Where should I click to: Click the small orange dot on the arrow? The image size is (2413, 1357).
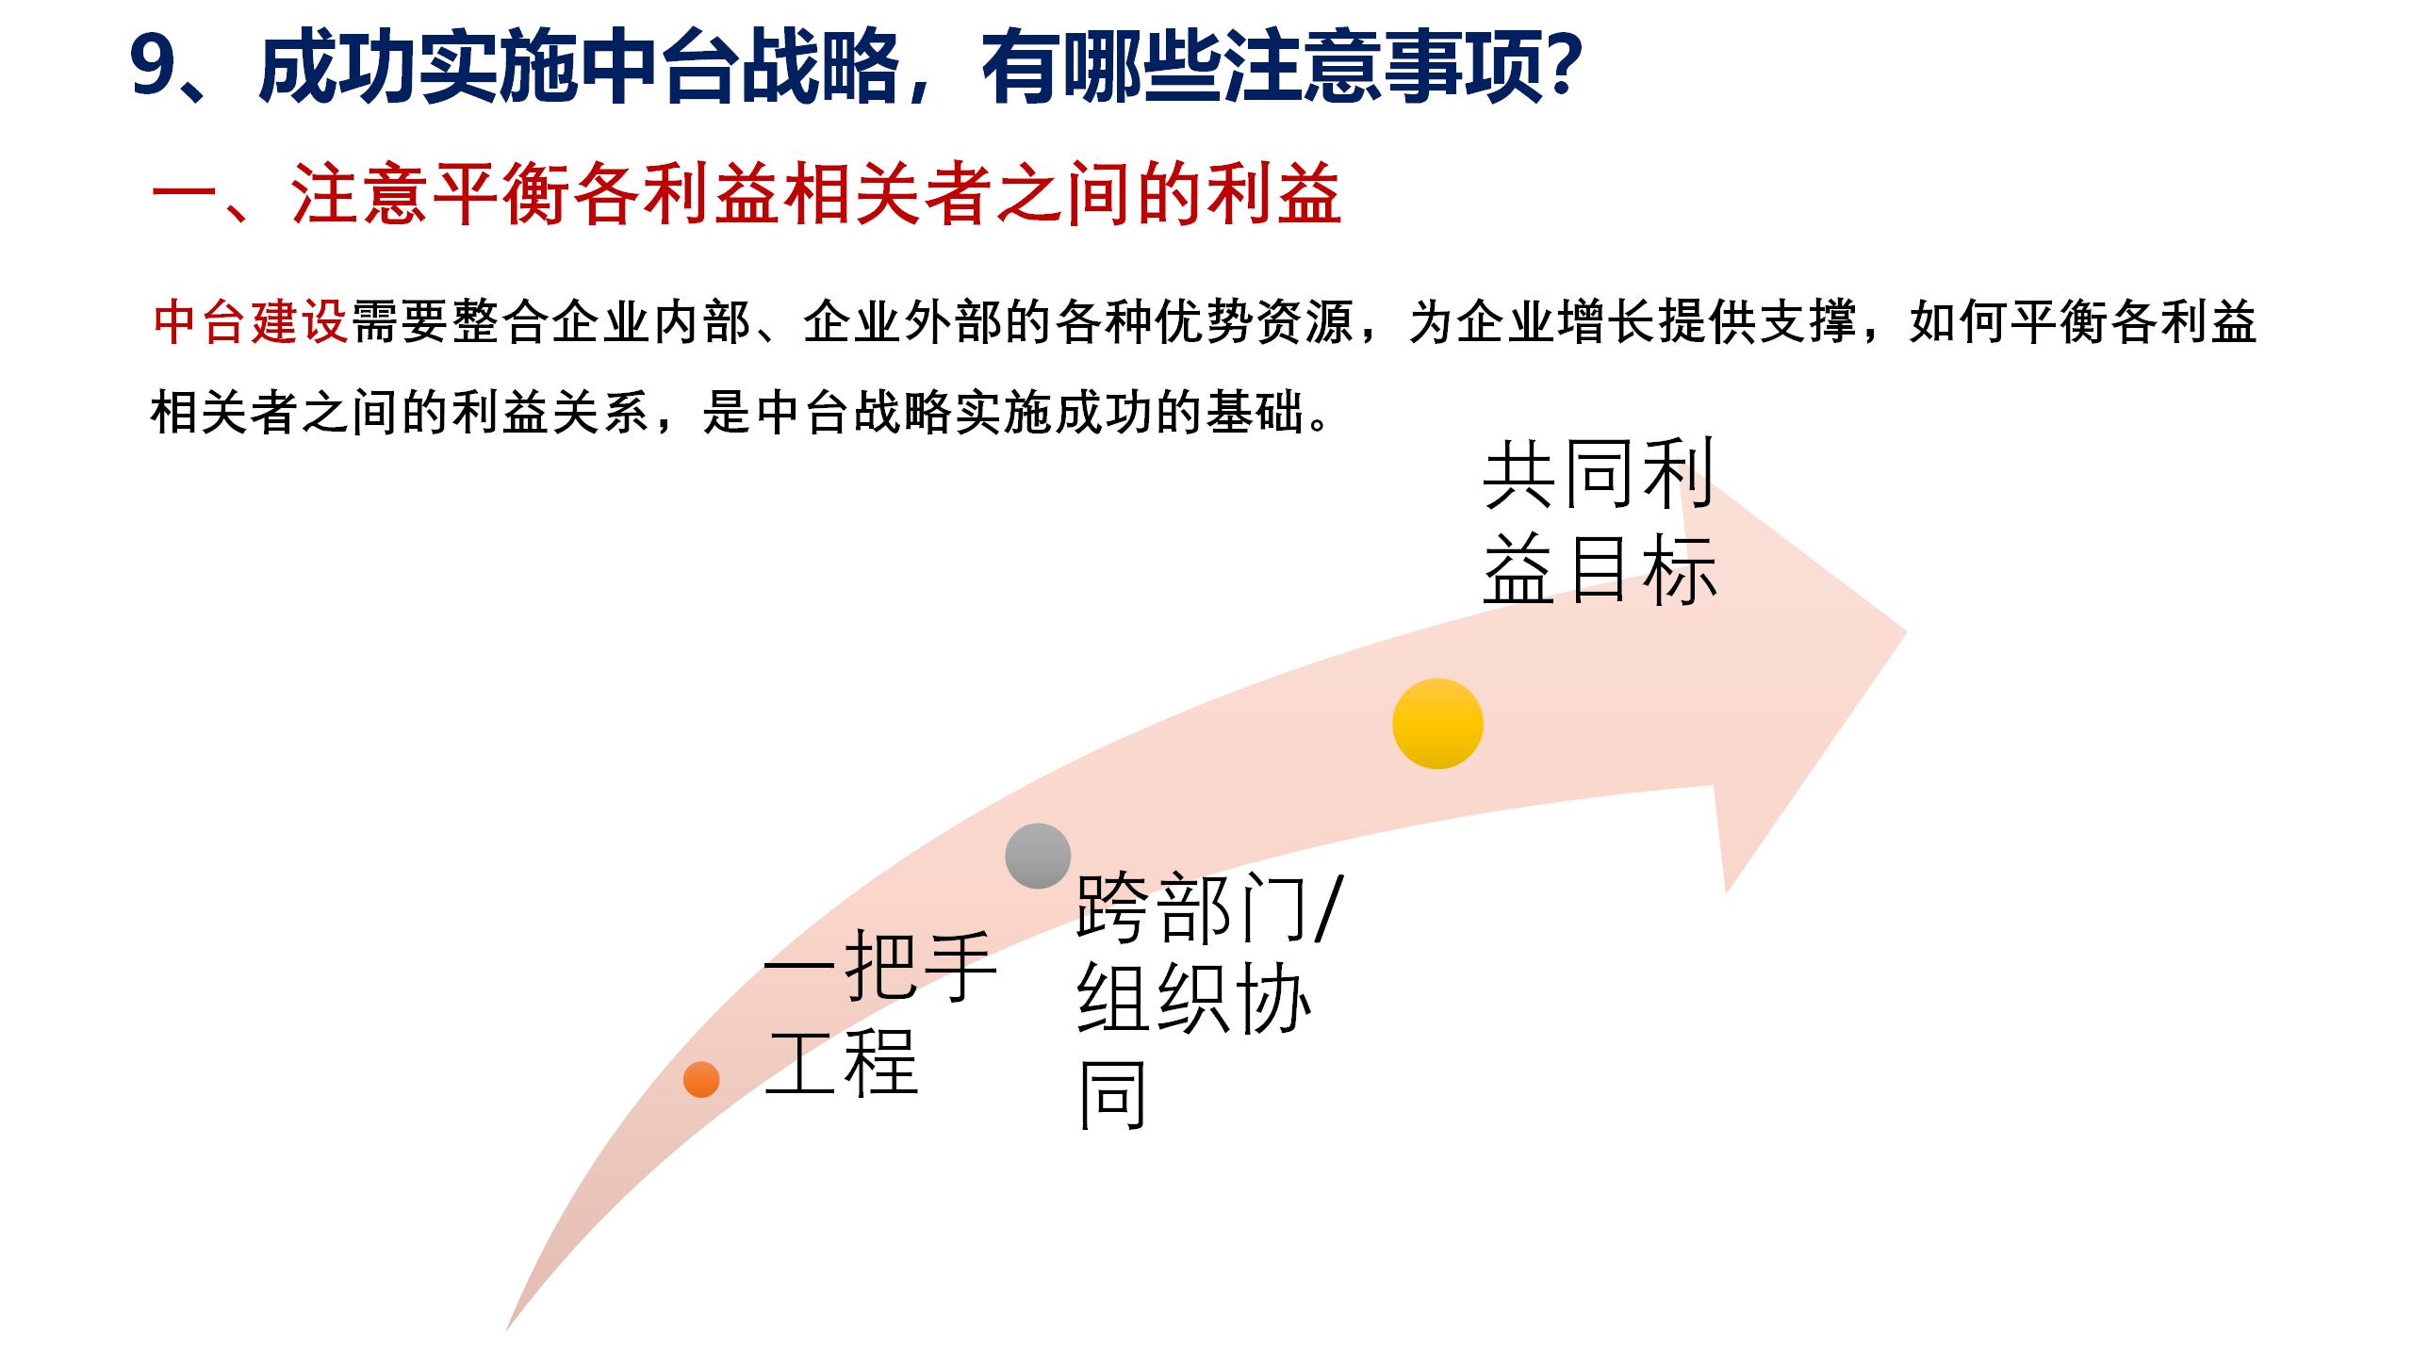(x=701, y=1079)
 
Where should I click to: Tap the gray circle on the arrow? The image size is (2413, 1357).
(x=1038, y=856)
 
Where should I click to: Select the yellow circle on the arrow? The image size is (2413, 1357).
(x=1437, y=724)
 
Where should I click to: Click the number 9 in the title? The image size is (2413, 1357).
(x=156, y=69)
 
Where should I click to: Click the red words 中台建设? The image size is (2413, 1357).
(x=251, y=323)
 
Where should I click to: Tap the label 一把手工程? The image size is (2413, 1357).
(x=877, y=1012)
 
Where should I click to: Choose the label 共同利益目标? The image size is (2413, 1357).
(x=1599, y=523)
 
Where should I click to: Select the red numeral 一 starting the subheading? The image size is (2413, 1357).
(x=185, y=197)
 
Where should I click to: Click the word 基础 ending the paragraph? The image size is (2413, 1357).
(x=1256, y=412)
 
